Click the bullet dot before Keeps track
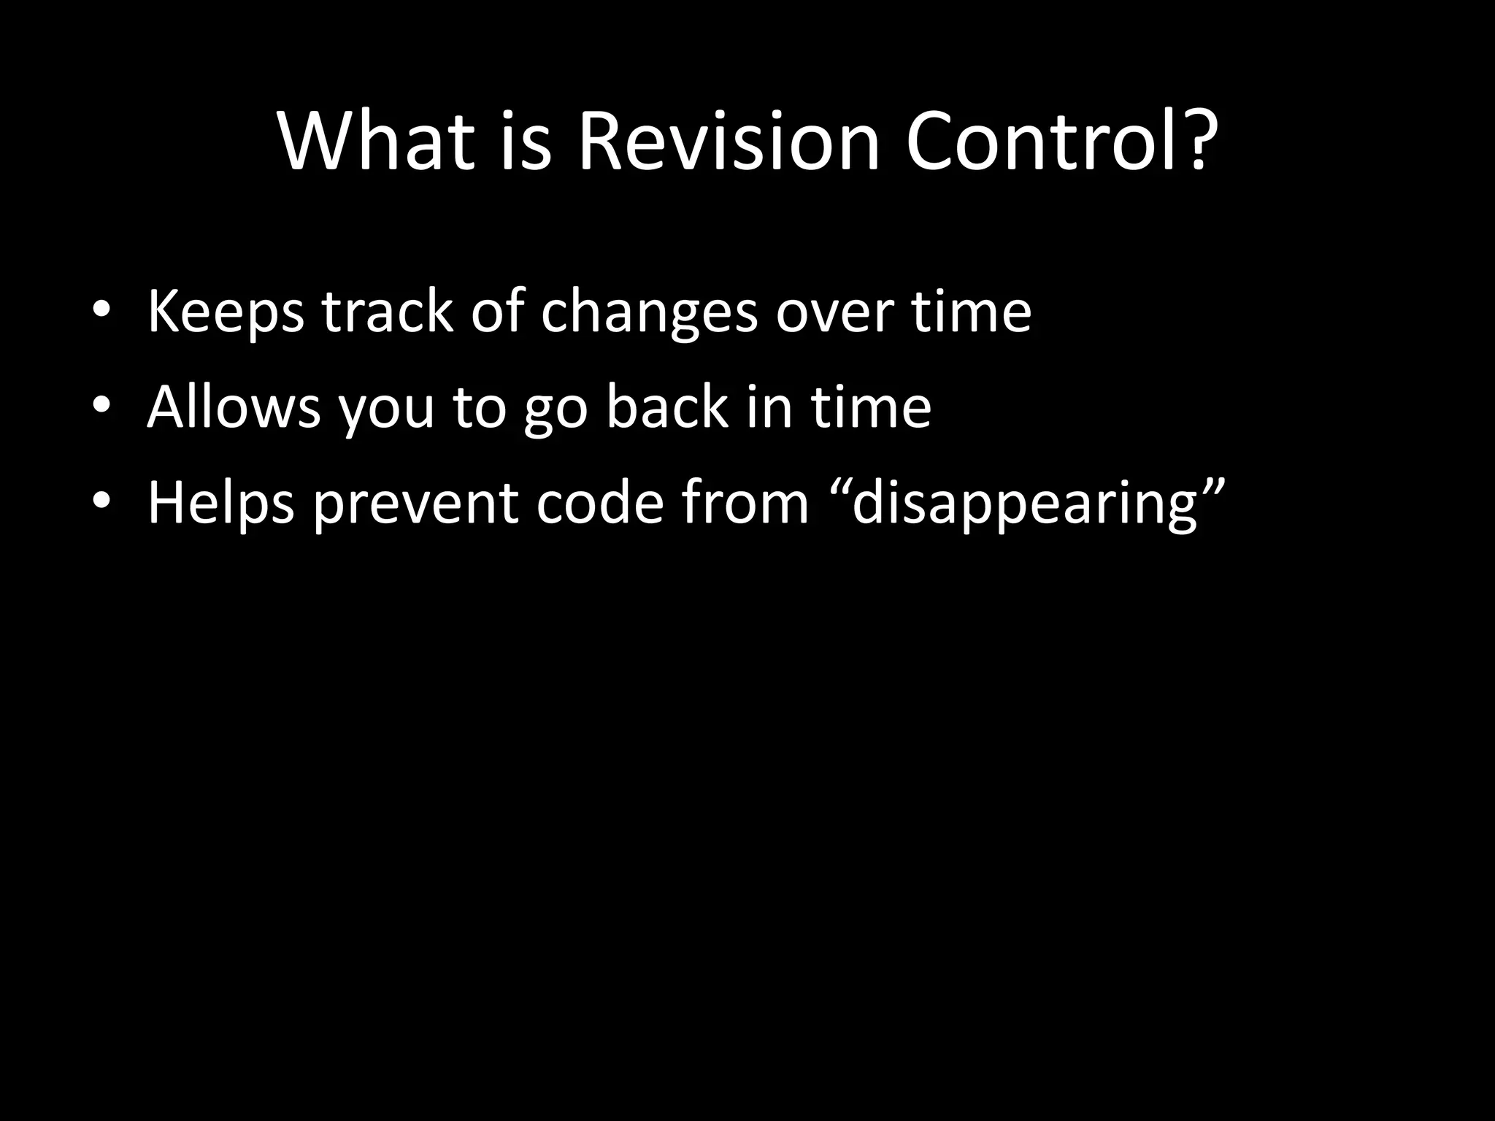coord(101,312)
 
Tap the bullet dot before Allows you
coord(101,407)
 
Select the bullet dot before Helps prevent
coord(101,502)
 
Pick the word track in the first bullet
coord(388,312)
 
